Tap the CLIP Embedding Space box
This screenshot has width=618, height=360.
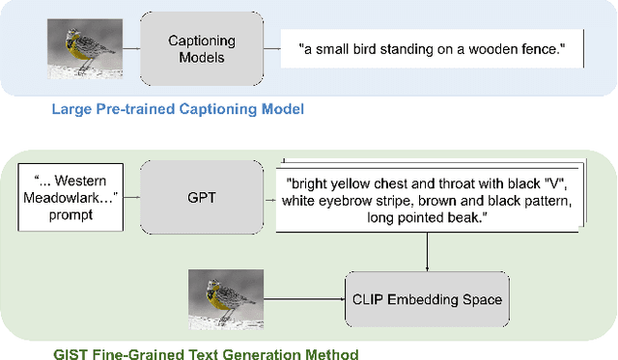click(x=426, y=299)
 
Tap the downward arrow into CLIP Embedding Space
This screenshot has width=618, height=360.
click(x=427, y=252)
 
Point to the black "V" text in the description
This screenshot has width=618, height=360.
click(x=541, y=184)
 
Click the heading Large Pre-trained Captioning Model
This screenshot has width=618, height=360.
click(x=177, y=109)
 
